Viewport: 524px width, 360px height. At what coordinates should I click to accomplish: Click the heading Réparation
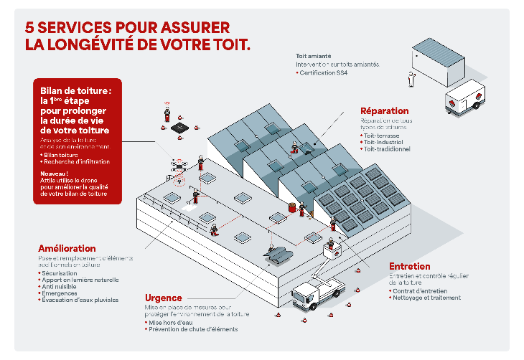tap(385, 111)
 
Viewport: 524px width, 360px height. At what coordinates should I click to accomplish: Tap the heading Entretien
tap(409, 266)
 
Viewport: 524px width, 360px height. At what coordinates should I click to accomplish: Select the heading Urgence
tap(163, 298)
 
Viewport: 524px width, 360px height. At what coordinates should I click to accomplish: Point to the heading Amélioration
tap(67, 248)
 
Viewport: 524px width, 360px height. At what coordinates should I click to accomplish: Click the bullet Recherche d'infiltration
tap(76, 162)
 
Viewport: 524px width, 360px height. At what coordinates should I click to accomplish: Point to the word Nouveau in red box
tap(55, 174)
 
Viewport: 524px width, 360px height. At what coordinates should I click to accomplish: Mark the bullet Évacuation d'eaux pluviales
tap(81, 300)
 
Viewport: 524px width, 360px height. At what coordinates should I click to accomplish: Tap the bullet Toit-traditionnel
tap(388, 149)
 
